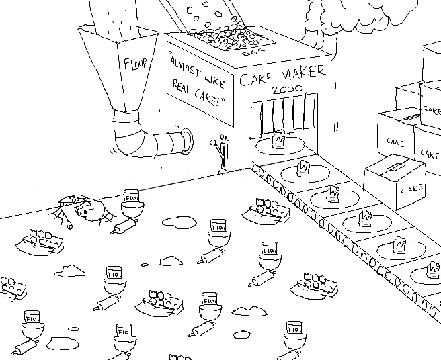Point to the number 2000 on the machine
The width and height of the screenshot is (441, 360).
click(x=286, y=91)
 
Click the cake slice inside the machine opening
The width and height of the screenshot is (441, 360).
click(x=277, y=141)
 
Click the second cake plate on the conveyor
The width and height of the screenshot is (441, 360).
click(x=304, y=171)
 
